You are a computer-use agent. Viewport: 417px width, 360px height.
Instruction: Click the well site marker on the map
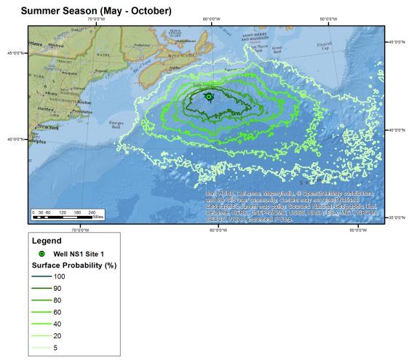coord(209,97)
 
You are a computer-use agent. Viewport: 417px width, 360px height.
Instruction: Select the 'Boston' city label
coord(84,103)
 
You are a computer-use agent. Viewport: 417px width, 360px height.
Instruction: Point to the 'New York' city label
coord(48,127)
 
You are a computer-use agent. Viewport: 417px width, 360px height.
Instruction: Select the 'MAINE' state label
coord(101,55)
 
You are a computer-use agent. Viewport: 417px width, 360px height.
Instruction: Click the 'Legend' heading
coord(47,241)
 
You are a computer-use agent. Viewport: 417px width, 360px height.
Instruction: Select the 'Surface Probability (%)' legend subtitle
coord(74,265)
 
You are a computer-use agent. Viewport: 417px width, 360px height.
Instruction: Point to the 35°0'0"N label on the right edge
coord(399,217)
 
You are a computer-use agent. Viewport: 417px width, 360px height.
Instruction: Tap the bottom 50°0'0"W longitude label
coord(357,230)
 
